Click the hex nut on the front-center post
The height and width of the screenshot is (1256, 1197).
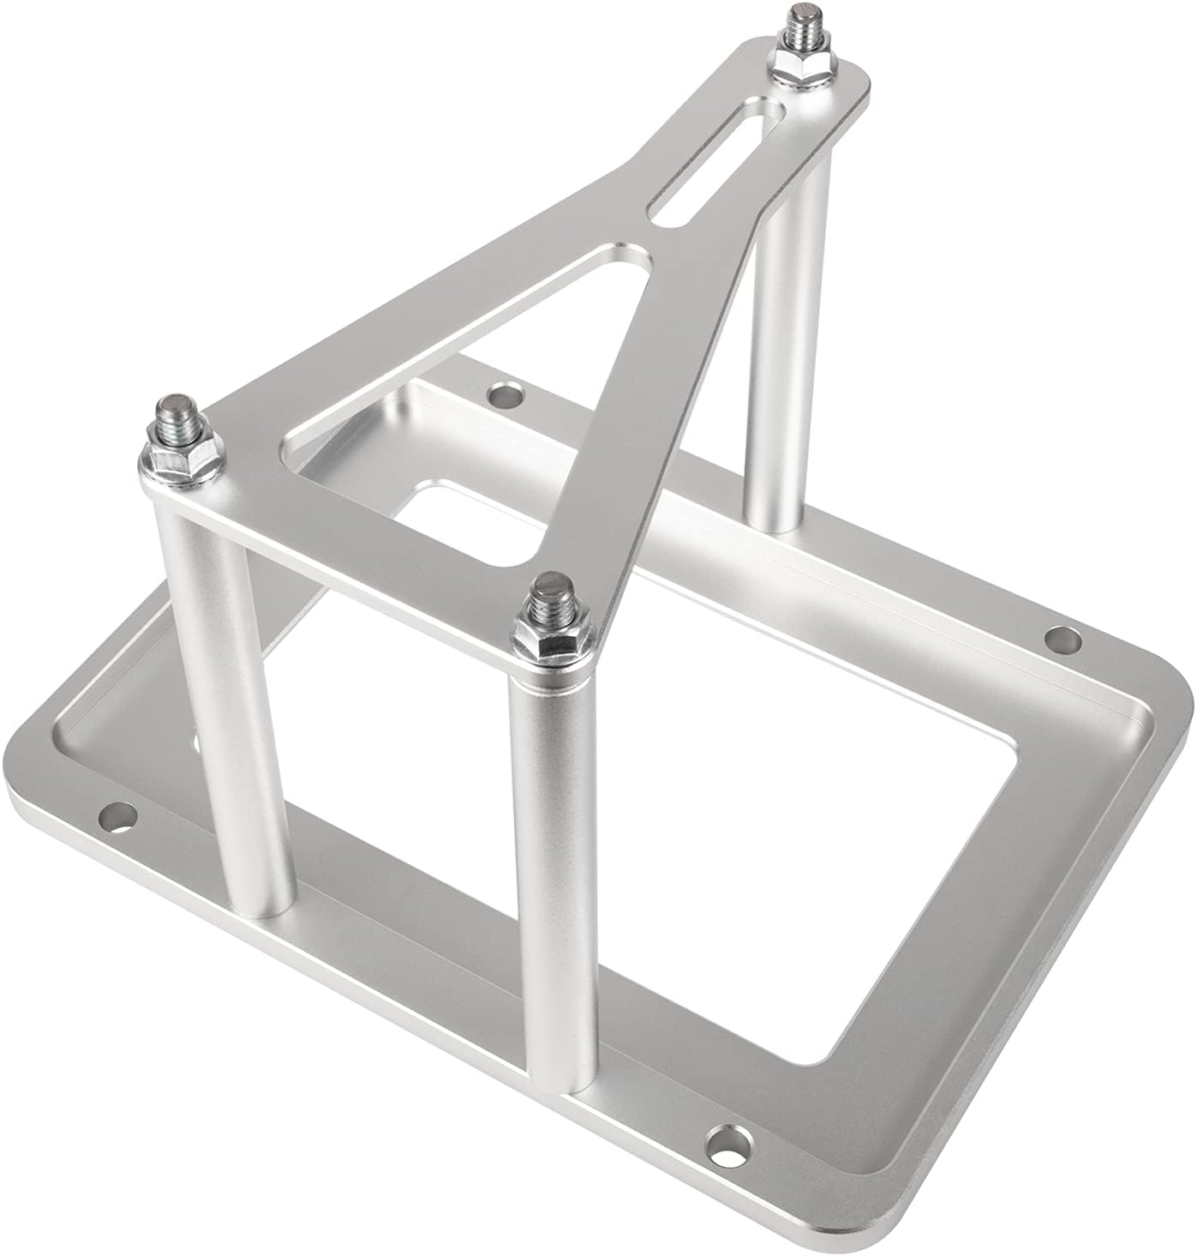[554, 636]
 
